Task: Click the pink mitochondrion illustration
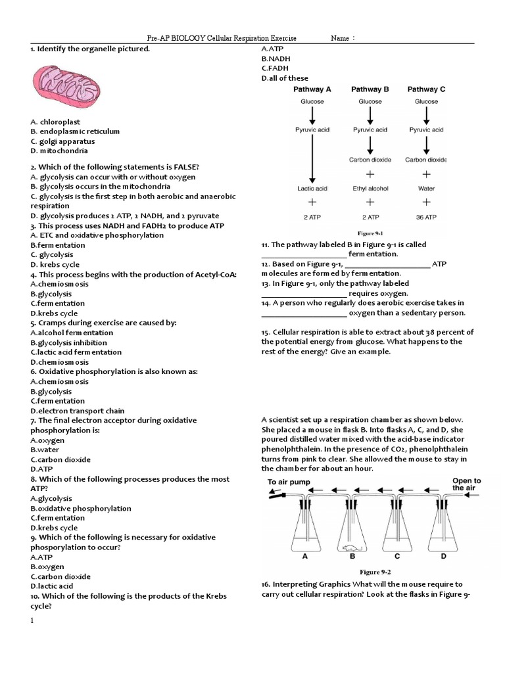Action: pyautogui.click(x=66, y=83)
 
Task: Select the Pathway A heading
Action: pyautogui.click(x=314, y=89)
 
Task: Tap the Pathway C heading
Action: pyautogui.click(x=426, y=89)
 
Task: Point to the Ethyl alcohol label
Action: pyautogui.click(x=370, y=189)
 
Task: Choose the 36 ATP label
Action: pyautogui.click(x=426, y=216)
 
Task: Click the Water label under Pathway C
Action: pyautogui.click(x=426, y=189)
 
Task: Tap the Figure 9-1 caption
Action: pyautogui.click(x=370, y=233)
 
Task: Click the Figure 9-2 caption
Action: pyautogui.click(x=375, y=572)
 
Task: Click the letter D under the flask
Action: pyautogui.click(x=443, y=556)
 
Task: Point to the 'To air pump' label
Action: pyautogui.click(x=284, y=482)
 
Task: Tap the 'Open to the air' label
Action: pyautogui.click(x=467, y=484)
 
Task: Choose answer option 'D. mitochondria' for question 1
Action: pyautogui.click(x=59, y=151)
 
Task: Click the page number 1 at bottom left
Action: pyautogui.click(x=32, y=620)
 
